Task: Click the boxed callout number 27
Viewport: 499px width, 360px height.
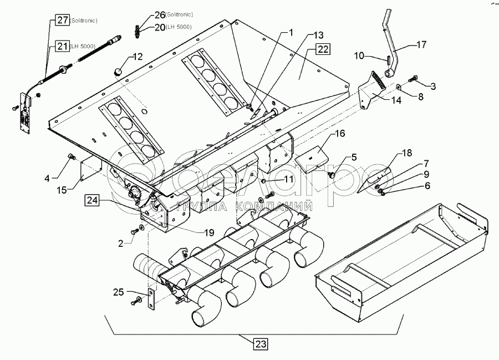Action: (62, 21)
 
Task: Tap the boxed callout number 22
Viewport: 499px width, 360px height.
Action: (323, 49)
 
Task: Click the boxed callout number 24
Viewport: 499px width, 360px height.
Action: (92, 200)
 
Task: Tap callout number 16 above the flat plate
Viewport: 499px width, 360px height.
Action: (339, 134)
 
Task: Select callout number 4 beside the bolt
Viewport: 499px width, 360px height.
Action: (47, 178)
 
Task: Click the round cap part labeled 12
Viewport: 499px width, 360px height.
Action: (118, 72)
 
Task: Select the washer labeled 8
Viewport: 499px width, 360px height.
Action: (399, 87)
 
